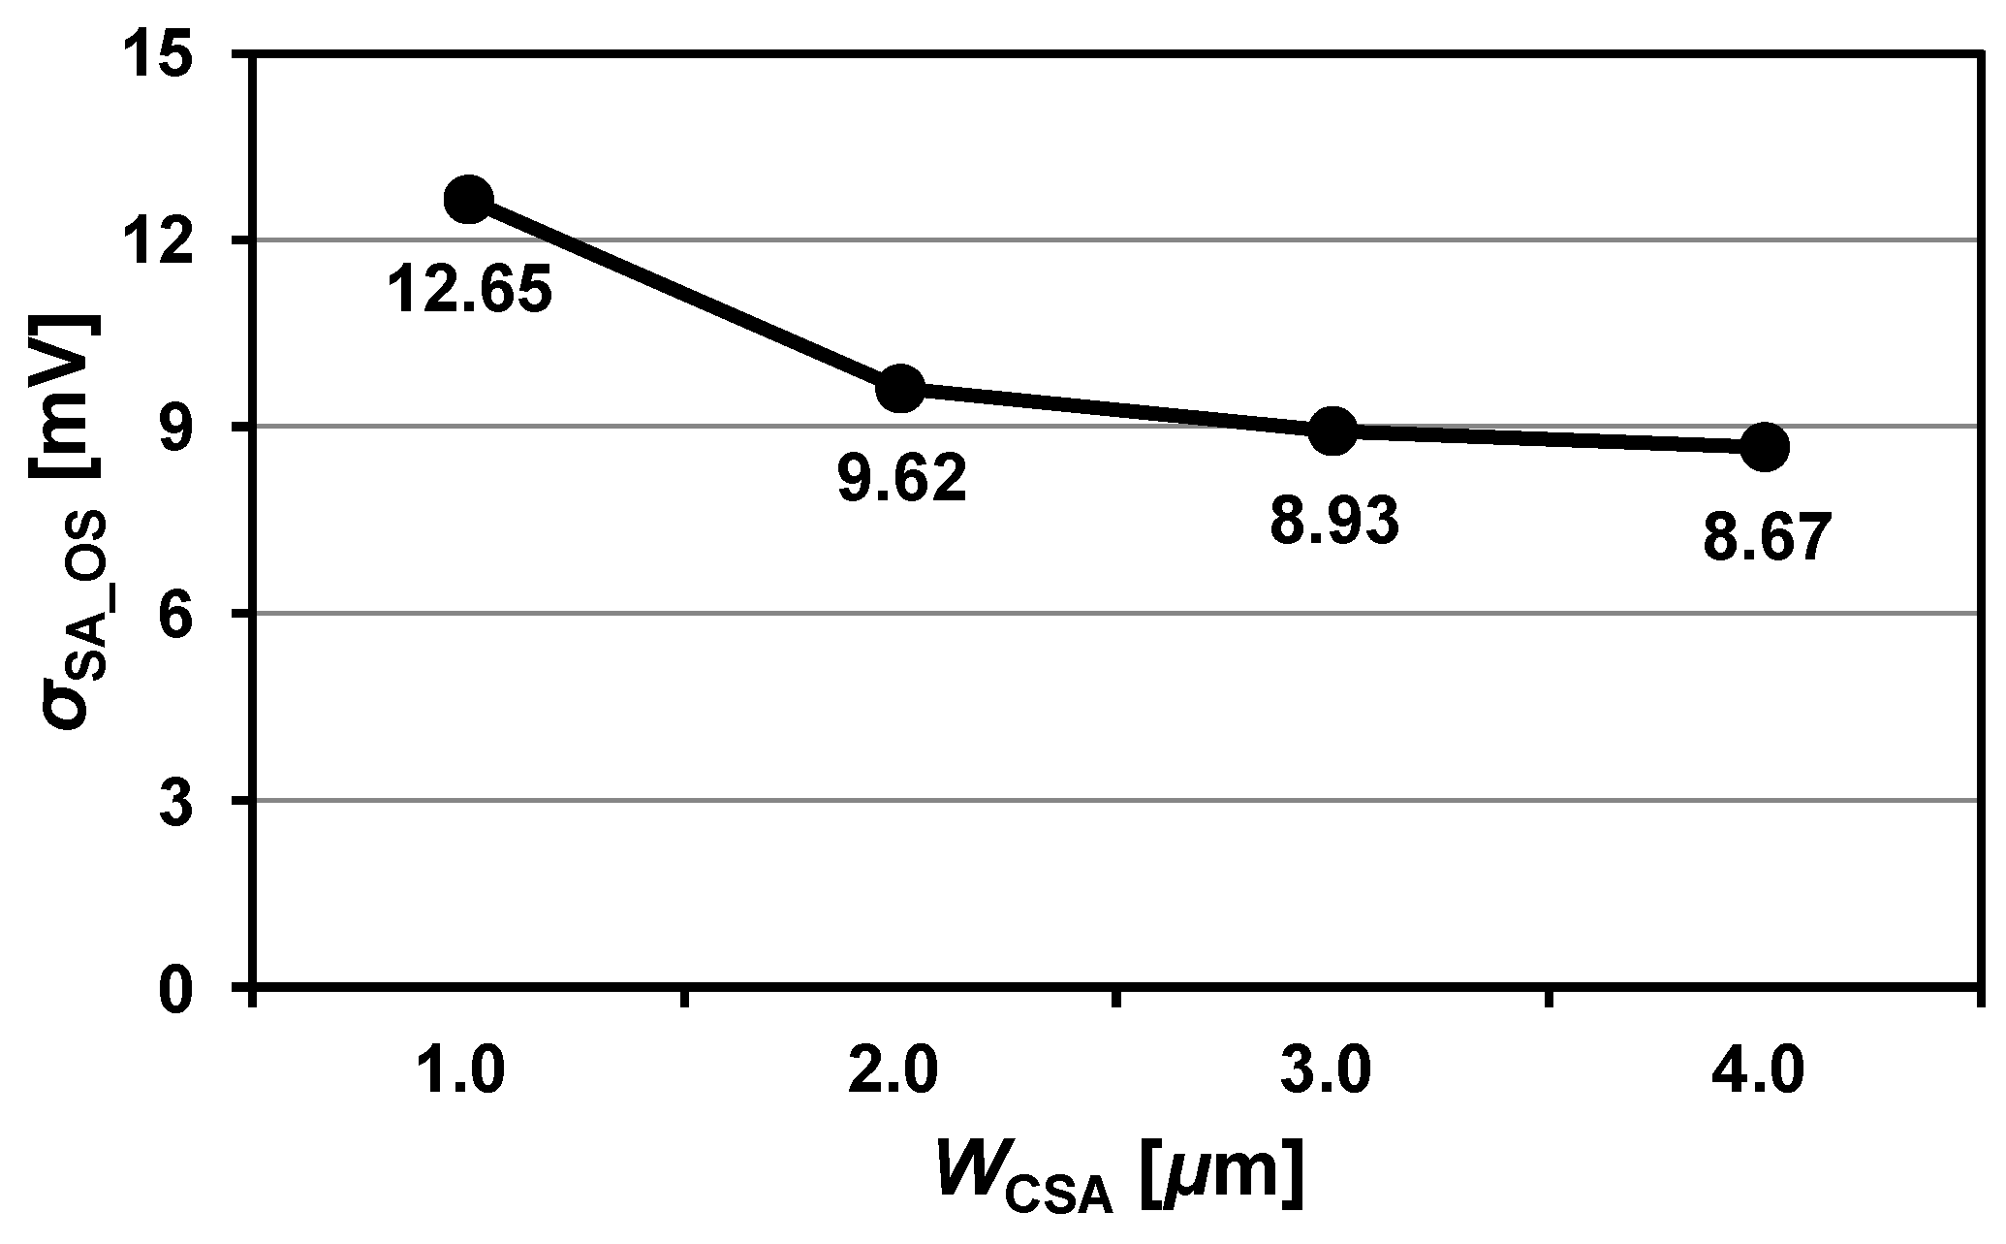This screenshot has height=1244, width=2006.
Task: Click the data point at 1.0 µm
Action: coord(469,199)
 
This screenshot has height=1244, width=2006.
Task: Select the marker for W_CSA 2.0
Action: coord(900,389)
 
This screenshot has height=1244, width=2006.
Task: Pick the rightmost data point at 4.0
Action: coord(1765,447)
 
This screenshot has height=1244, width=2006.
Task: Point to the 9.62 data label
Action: coord(901,479)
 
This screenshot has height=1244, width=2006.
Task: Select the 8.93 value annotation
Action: coord(1334,520)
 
